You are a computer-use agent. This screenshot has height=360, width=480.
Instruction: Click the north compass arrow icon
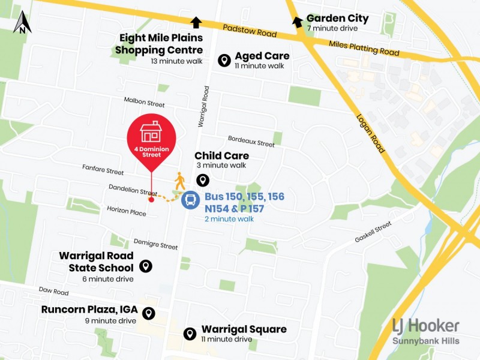point(22,22)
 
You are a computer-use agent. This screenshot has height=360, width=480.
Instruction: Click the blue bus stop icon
point(190,200)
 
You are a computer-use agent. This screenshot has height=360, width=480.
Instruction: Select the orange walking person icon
point(179,180)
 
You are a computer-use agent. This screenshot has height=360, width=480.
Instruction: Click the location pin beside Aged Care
point(224,60)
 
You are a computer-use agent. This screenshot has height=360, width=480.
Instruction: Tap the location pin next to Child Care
point(203,180)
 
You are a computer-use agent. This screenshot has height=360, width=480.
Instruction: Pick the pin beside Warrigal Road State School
point(145,266)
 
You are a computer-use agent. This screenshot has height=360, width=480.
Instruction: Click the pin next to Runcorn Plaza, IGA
point(148,313)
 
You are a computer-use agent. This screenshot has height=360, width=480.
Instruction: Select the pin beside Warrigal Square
point(190,334)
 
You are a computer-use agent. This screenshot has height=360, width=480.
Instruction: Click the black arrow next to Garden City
point(297,22)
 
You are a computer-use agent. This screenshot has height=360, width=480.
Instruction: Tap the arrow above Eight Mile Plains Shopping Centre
point(196,22)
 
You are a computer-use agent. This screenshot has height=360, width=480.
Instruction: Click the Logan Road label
point(370,133)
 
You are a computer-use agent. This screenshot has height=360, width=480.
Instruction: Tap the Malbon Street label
point(144,101)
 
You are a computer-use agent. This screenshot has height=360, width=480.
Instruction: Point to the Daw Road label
point(54,292)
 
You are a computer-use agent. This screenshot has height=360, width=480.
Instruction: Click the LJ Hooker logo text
point(426,326)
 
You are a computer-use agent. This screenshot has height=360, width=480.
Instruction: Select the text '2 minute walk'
point(229,219)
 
